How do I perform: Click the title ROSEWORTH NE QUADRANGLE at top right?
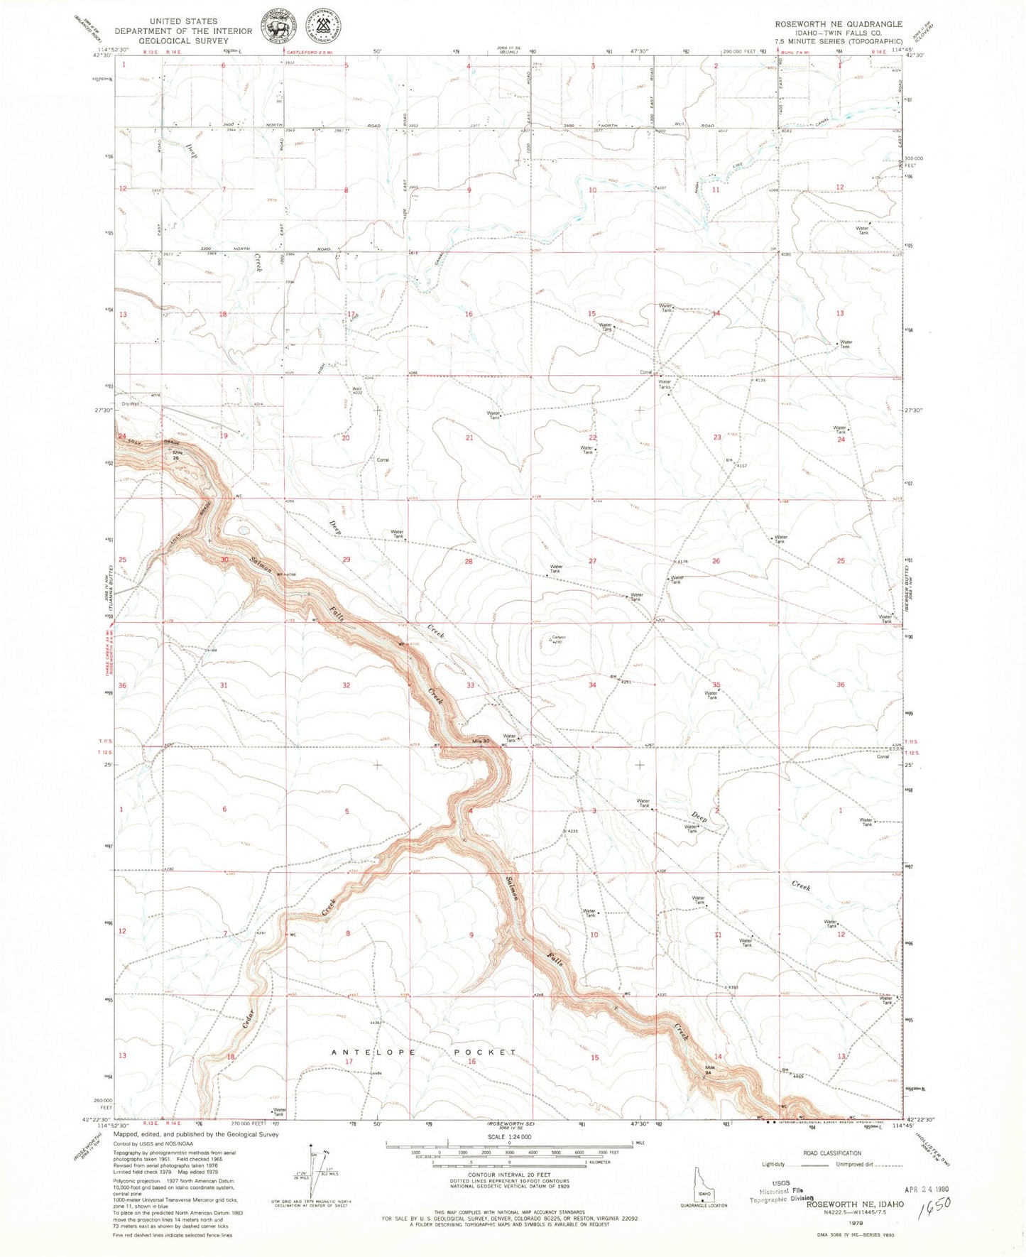click(x=839, y=24)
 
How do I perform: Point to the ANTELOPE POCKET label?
click(x=424, y=1052)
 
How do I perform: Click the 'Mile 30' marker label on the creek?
click(x=481, y=741)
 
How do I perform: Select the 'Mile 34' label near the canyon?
click(x=709, y=1070)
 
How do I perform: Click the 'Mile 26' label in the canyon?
click(x=175, y=456)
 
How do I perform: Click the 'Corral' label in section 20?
click(x=382, y=460)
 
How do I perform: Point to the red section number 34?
click(x=592, y=685)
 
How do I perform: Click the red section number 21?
click(x=469, y=438)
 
